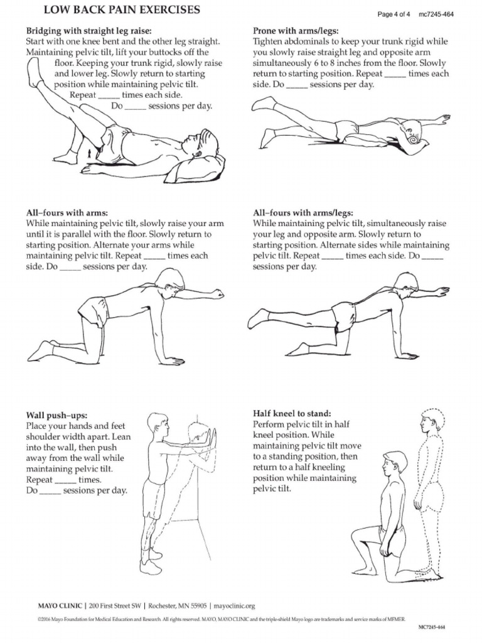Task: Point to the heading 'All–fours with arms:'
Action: point(67,213)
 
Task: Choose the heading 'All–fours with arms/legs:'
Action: point(303,213)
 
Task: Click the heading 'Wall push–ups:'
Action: point(56,415)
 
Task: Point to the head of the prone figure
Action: point(413,132)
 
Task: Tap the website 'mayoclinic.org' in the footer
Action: point(235,606)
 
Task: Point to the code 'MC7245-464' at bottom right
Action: point(432,627)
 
